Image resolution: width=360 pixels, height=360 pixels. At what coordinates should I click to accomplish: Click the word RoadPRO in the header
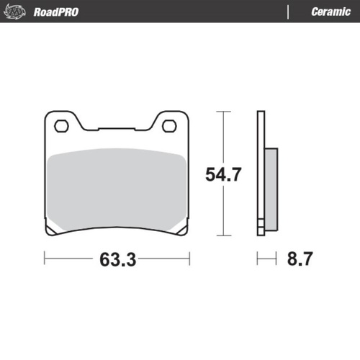click(x=55, y=12)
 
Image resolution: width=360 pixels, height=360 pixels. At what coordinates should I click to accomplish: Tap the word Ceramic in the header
click(x=330, y=12)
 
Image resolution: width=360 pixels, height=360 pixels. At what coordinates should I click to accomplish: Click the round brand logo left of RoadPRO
click(x=18, y=12)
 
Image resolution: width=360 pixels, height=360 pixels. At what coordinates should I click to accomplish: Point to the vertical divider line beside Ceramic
click(x=289, y=12)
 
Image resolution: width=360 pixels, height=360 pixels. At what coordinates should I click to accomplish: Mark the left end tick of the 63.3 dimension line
click(x=45, y=257)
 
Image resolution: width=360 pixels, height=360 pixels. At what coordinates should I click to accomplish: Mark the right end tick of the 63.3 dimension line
click(x=189, y=257)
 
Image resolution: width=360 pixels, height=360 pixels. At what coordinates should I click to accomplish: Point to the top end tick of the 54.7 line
click(x=222, y=112)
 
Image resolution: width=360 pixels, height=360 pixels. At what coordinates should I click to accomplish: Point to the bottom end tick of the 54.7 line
click(x=222, y=235)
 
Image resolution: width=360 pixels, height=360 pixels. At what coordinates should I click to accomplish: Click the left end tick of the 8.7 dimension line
click(x=258, y=257)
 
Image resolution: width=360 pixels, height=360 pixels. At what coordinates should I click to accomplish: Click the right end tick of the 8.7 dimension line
click(x=276, y=257)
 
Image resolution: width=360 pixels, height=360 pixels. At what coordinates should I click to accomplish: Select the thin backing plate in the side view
click(x=261, y=173)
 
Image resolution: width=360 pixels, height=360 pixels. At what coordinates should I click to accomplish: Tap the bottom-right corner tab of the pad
click(x=180, y=230)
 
